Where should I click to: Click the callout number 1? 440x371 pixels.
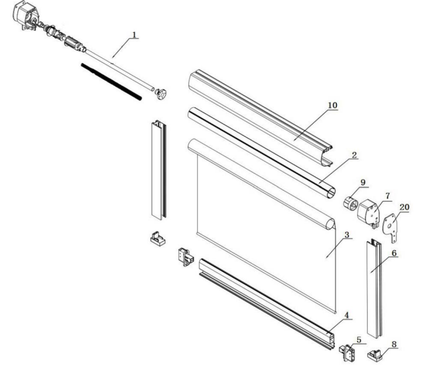tap(134, 35)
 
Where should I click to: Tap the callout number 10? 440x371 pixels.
tap(332, 105)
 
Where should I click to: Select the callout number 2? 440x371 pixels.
tap(354, 155)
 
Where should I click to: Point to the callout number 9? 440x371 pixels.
tap(363, 182)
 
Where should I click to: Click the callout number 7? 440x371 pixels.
tap(388, 196)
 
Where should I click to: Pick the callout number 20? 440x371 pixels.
tap(405, 207)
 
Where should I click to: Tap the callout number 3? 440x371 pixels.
tap(347, 234)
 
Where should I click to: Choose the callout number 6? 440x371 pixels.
tap(394, 253)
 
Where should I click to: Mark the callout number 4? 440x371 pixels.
tap(347, 315)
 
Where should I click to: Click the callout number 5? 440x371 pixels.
tap(359, 340)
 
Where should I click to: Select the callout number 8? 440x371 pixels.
tap(394, 344)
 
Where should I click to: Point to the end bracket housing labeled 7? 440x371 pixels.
tap(368, 214)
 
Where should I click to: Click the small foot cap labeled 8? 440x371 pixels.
tap(375, 355)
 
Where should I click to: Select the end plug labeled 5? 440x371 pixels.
tap(348, 352)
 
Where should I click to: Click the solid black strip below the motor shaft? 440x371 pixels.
tap(112, 82)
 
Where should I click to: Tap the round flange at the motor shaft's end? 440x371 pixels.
tap(160, 94)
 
